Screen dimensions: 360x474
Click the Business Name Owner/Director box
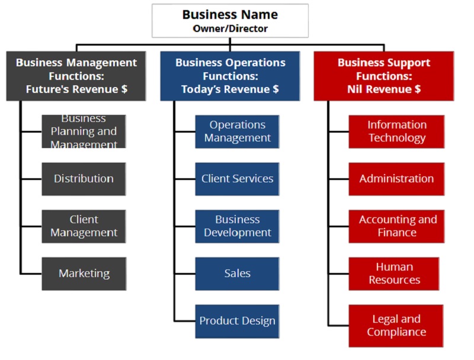pyautogui.click(x=230, y=21)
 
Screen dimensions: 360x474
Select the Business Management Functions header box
pyautogui.click(x=76, y=76)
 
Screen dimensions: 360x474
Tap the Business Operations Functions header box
pyautogui.click(x=230, y=76)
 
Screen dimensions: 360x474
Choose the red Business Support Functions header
pyautogui.click(x=384, y=76)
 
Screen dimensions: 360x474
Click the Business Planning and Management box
pyautogui.click(x=84, y=131)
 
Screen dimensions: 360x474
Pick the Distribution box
pyautogui.click(x=84, y=179)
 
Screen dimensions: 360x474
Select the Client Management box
pyautogui.click(x=84, y=226)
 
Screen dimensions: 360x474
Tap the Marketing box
pyautogui.click(x=84, y=274)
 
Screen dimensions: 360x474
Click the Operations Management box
pyautogui.click(x=237, y=131)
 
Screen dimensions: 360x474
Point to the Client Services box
pyautogui.click(x=237, y=179)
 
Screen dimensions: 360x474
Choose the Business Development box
pyautogui.click(x=237, y=226)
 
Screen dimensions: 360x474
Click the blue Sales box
pyautogui.click(x=237, y=274)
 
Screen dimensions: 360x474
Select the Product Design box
pyautogui.click(x=237, y=321)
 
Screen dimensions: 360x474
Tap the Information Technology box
pyautogui.click(x=396, y=131)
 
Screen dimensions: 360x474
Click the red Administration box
pyautogui.click(x=396, y=179)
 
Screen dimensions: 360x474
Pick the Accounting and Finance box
pyautogui.click(x=396, y=226)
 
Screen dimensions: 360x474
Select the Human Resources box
pyautogui.click(x=394, y=274)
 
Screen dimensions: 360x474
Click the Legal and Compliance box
pyautogui.click(x=396, y=326)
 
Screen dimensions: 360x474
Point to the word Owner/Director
pyautogui.click(x=230, y=28)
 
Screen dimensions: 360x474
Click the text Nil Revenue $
pyautogui.click(x=384, y=89)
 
